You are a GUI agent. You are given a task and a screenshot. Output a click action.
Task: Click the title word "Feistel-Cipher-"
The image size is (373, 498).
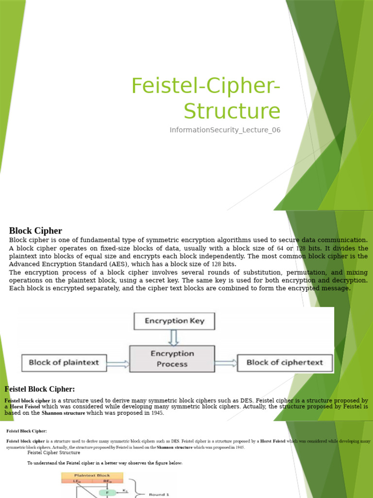206,87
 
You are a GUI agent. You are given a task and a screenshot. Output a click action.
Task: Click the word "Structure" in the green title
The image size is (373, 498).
232,111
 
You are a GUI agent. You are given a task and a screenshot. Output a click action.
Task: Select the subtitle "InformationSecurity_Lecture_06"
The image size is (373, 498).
225,130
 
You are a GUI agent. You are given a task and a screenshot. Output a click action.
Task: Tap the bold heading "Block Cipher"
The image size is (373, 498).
35,231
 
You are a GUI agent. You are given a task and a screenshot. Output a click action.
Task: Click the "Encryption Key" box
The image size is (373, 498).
174,321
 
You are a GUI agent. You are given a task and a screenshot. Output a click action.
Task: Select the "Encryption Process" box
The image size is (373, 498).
172,359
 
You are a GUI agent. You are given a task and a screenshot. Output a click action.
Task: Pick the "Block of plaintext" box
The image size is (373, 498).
64,362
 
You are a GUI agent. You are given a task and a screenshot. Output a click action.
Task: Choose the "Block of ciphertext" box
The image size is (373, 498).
285,362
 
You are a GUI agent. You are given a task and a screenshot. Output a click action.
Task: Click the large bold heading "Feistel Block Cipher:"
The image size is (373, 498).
40,389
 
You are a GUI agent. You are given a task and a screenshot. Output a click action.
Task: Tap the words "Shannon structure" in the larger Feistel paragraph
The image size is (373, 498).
63,413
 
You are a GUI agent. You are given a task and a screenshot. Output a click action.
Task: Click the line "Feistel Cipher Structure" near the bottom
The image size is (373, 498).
54,453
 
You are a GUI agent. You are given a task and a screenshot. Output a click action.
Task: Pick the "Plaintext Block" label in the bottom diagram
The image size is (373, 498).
92,475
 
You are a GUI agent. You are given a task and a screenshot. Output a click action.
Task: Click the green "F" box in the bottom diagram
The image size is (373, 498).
107,493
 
